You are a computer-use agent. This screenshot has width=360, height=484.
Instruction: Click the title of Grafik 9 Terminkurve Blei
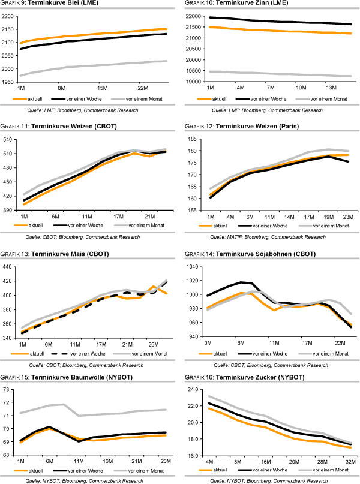point(57,5)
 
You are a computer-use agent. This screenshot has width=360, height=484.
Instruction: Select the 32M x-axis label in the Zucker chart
point(349,462)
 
